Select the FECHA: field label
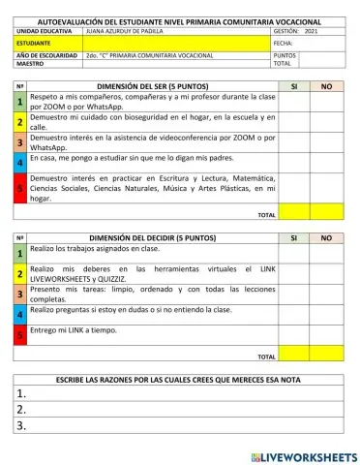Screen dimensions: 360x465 click(x=284, y=44)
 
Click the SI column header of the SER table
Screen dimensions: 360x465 click(x=294, y=86)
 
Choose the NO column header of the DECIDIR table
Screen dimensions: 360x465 click(x=326, y=237)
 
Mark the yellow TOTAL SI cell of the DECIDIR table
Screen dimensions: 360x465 click(x=294, y=356)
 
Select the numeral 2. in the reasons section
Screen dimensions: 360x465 click(x=20, y=409)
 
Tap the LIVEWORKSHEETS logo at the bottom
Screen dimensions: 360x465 click(x=303, y=455)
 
